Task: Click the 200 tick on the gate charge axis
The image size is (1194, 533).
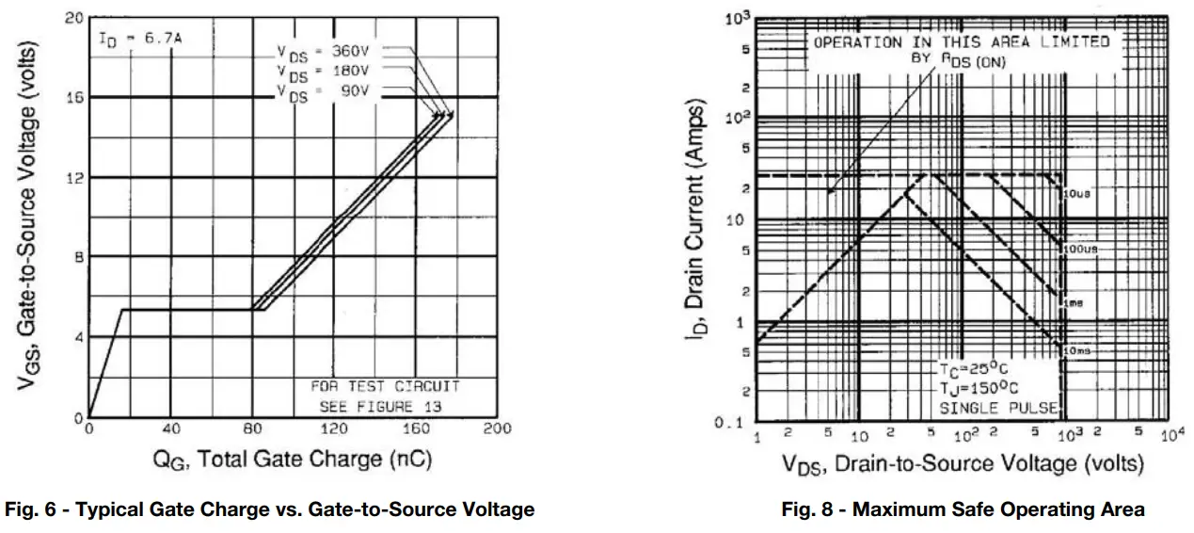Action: [497, 429]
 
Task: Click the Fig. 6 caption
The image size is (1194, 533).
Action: [270, 509]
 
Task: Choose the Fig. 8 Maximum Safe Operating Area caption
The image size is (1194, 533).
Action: [963, 509]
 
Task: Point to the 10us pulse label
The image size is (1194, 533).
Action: [1076, 194]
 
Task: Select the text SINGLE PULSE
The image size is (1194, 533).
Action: [998, 408]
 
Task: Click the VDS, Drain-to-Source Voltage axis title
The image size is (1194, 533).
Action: [961, 464]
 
